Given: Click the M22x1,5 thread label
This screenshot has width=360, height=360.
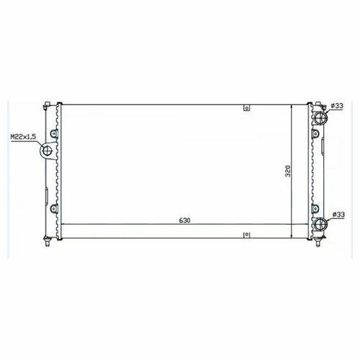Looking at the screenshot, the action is click(23, 137).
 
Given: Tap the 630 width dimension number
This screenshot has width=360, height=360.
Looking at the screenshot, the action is click(184, 220).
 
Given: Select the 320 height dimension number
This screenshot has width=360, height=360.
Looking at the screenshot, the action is click(288, 171).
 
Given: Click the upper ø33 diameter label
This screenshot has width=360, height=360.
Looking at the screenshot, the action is click(337, 106).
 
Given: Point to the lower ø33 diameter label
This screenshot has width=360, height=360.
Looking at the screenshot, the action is click(338, 215).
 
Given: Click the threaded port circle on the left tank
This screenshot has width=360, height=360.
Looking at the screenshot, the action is click(47, 150).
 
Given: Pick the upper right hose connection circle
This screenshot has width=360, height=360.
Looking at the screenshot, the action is click(321, 117).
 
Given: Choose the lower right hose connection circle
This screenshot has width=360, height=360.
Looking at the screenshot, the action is click(321, 224).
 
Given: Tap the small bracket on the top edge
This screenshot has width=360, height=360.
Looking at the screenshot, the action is click(247, 108).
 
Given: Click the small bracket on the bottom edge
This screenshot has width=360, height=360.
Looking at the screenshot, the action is click(247, 235).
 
